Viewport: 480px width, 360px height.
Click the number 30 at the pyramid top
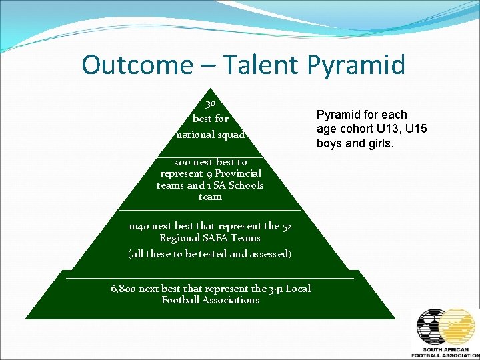click(210, 104)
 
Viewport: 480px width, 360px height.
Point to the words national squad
click(211, 135)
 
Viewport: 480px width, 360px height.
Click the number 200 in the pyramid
click(183, 162)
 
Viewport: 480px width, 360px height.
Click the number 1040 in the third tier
click(139, 226)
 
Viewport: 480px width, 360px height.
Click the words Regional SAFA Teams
click(210, 238)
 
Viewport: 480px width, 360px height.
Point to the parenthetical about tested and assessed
click(209, 254)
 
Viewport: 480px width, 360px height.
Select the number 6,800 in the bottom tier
click(124, 289)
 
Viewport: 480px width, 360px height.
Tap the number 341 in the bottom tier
click(275, 289)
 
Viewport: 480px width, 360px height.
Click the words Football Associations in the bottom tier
click(210, 300)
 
